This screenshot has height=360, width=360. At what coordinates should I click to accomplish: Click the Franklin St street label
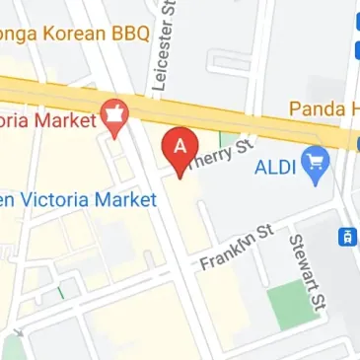236,248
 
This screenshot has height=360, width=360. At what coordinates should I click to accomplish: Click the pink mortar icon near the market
115,115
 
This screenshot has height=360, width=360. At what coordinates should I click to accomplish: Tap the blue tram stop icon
347,237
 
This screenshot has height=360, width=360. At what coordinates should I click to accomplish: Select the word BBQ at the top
129,35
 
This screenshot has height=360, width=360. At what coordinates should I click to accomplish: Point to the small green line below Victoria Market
62,292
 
